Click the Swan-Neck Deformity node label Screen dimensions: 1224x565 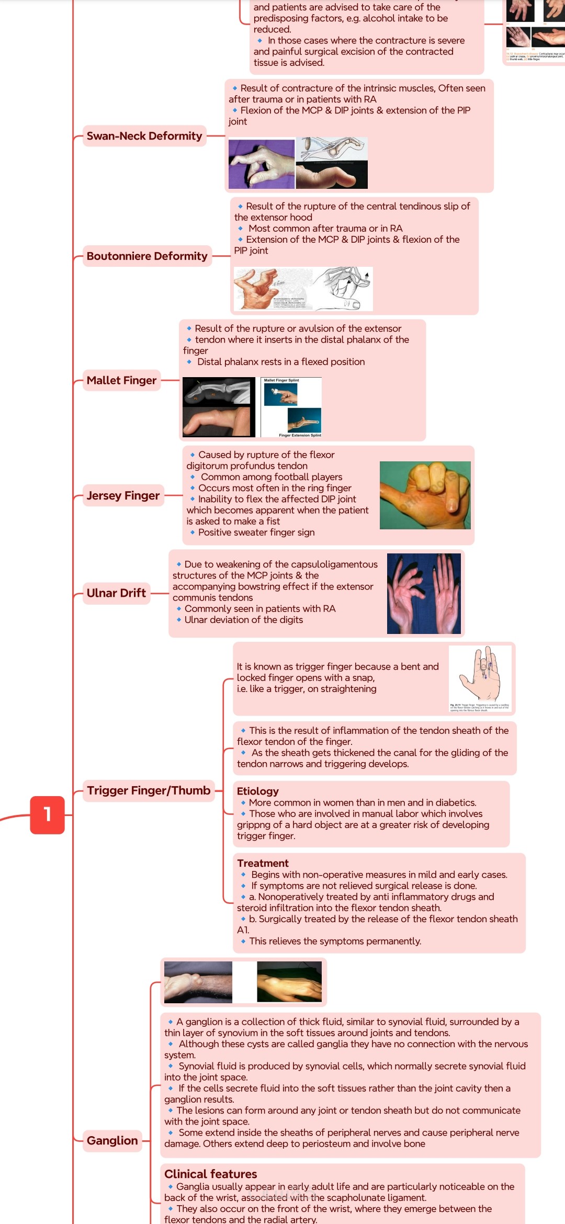144,136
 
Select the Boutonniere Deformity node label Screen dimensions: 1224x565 147,256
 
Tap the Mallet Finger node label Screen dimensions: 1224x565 121,380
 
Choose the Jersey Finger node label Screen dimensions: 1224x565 123,495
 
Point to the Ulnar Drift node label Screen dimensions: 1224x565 116,593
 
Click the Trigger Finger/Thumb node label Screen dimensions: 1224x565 149,790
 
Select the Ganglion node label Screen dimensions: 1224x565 112,1140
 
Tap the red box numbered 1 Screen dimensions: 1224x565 47,814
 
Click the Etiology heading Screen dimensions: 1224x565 258,791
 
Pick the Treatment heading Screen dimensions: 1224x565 263,863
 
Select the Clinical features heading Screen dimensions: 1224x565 210,1174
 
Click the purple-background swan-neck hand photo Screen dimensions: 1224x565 262,164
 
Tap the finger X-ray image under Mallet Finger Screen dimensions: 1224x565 219,391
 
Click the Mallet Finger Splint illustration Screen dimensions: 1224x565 291,407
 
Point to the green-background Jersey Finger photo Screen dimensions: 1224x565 425,495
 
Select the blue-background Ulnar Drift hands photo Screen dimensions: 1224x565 424,593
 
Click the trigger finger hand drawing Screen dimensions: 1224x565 480,678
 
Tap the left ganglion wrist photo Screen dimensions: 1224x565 198,982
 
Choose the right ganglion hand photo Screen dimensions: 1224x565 289,982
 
